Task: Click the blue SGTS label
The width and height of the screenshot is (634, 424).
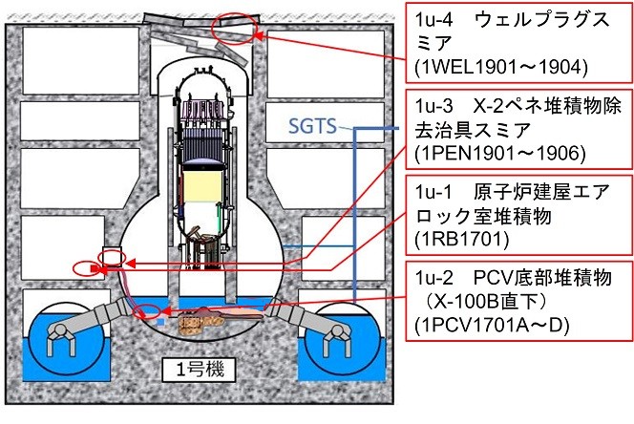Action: click(312, 126)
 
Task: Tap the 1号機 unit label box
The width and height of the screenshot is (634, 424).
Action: click(199, 370)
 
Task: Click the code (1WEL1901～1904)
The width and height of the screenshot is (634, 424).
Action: click(501, 67)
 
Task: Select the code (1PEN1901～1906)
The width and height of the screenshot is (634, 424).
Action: click(500, 154)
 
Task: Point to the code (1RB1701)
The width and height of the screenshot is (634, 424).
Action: click(462, 239)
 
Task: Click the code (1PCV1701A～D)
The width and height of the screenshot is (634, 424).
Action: click(492, 326)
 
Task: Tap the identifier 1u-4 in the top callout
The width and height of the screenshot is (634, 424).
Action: click(433, 19)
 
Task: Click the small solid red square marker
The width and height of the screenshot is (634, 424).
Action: click(94, 268)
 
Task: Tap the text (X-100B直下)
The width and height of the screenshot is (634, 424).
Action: click(486, 302)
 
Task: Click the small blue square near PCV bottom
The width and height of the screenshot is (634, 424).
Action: click(160, 322)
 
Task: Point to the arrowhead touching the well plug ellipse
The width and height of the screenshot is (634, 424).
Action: click(259, 35)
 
